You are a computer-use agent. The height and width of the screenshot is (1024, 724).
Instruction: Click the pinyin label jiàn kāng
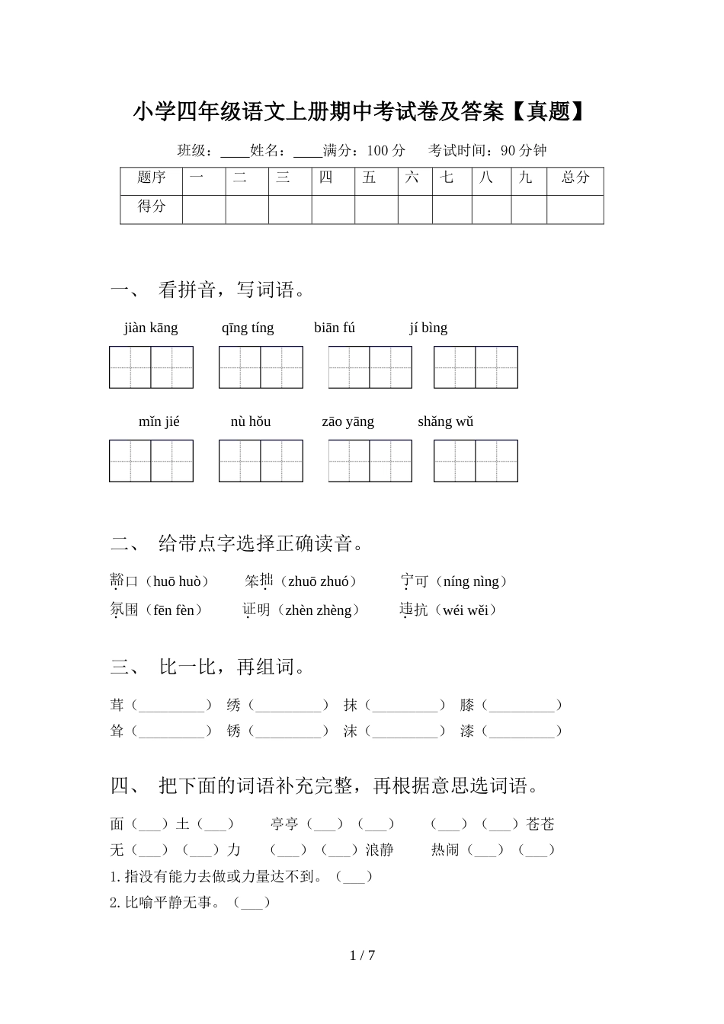(151, 328)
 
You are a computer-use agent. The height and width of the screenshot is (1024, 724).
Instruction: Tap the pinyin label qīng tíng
(248, 328)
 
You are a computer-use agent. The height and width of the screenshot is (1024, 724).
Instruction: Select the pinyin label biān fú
(335, 328)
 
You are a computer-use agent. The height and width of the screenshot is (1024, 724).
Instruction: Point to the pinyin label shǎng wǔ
(445, 421)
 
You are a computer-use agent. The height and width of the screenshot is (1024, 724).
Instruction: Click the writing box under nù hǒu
(261, 461)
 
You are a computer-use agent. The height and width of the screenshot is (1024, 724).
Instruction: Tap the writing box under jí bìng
(476, 367)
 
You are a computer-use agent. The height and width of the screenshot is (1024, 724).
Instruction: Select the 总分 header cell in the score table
(575, 178)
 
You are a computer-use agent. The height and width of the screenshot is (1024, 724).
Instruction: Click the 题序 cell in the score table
(152, 178)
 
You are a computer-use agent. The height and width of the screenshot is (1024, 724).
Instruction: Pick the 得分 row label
(152, 206)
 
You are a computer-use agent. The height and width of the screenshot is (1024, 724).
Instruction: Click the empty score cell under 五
(376, 209)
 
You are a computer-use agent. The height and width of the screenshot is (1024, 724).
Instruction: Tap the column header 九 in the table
(526, 178)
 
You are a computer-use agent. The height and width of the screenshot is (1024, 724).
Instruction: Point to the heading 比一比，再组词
(234, 667)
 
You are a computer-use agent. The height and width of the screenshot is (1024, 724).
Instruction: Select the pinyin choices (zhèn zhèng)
(319, 610)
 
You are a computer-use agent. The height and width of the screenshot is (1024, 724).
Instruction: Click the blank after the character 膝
(523, 706)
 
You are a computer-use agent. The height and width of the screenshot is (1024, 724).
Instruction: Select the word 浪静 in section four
(380, 850)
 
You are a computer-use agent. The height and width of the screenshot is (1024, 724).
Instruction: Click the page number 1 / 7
(363, 955)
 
